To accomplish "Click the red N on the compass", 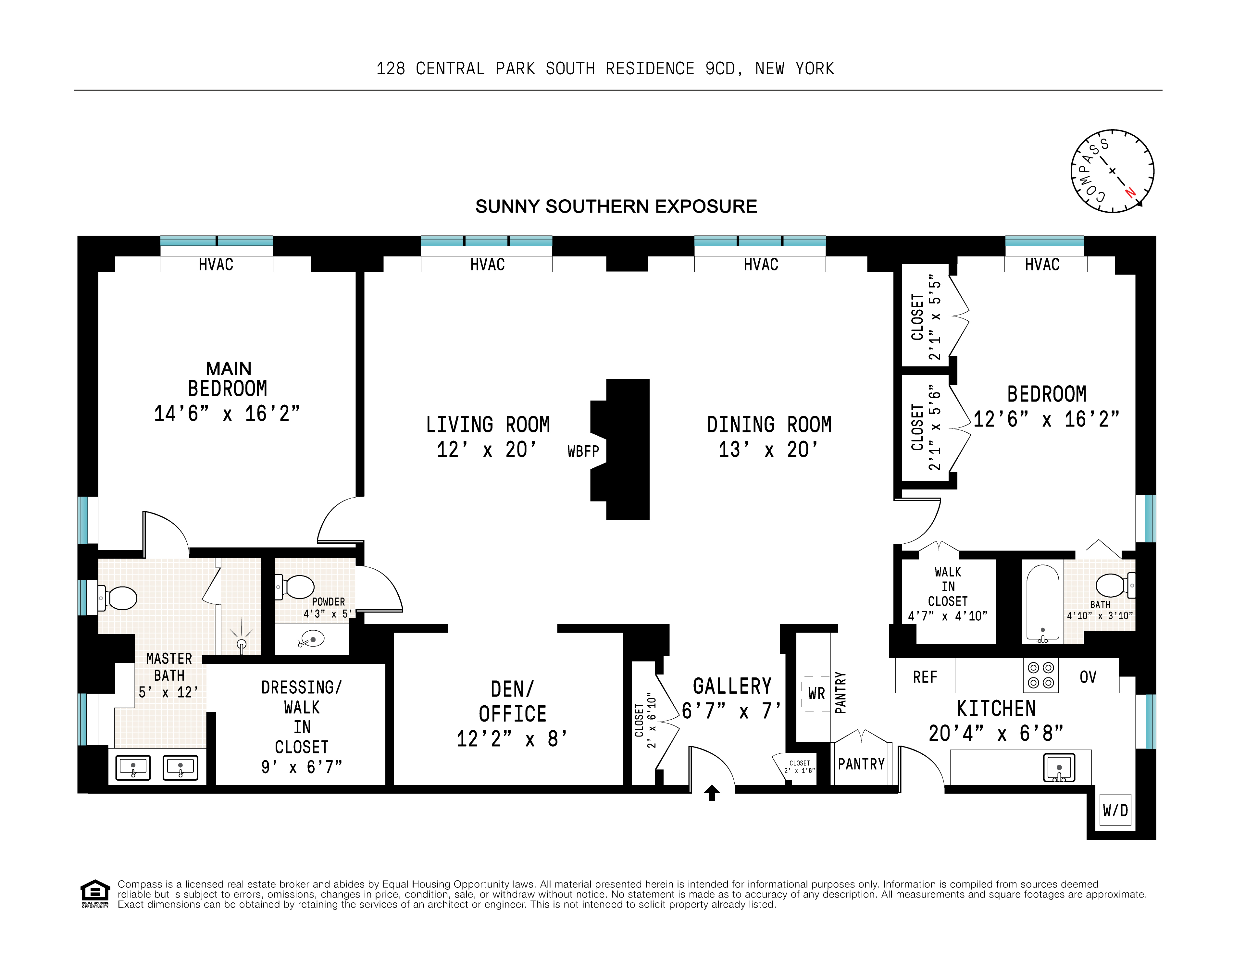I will coord(1130,192).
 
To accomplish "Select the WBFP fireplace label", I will coord(583,451).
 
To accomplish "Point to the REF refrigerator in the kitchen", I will coord(925,676).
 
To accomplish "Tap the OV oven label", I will coord(1088,676).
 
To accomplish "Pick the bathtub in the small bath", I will coord(1042,603).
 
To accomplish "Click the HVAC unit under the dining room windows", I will coord(760,264).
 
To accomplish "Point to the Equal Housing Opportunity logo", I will coord(95,893).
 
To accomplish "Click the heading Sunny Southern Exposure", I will coord(616,207).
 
